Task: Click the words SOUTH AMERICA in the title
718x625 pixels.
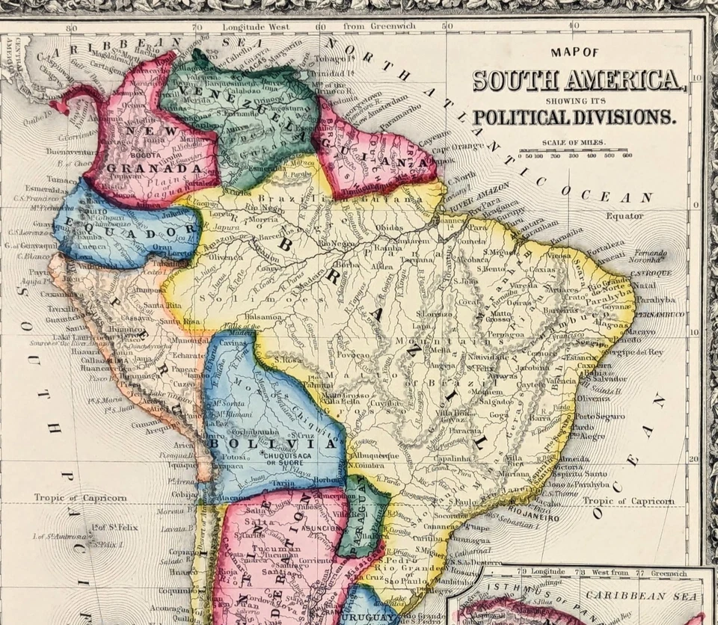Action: coord(577,80)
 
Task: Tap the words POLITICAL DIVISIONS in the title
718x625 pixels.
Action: coord(573,117)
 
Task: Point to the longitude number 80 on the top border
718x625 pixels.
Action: coord(71,28)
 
